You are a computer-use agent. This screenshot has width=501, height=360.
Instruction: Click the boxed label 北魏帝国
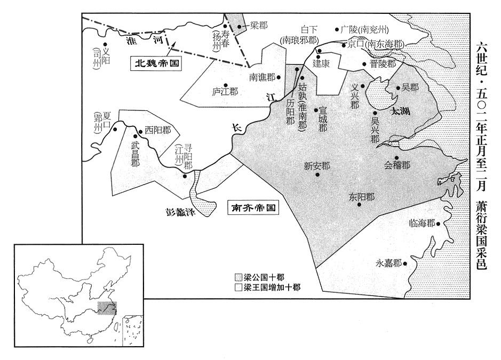tap(156, 63)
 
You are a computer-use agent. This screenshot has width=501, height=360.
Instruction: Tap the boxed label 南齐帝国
tap(253, 207)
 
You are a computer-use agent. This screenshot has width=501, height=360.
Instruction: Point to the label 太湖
tap(401, 111)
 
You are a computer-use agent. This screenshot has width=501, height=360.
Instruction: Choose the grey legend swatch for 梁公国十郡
tap(238, 277)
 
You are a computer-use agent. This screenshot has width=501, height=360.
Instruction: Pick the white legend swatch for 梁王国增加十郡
tap(238, 287)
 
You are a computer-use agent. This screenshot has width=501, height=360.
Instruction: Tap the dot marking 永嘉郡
tap(405, 263)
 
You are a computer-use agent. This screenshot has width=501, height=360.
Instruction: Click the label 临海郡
tap(422, 223)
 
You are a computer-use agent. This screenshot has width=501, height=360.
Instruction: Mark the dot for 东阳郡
tap(360, 204)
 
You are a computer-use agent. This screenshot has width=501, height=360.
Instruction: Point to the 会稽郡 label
tap(397, 165)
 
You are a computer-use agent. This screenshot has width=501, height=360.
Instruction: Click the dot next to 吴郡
tap(398, 88)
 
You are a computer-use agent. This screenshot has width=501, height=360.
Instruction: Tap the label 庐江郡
tap(225, 92)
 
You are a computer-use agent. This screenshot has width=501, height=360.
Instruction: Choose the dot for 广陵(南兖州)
tap(337, 29)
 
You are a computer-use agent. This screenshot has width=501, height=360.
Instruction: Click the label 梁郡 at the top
tap(259, 26)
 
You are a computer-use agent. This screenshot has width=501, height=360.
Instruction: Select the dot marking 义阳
tap(105, 45)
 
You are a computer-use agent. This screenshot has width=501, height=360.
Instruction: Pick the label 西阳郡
tap(158, 130)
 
